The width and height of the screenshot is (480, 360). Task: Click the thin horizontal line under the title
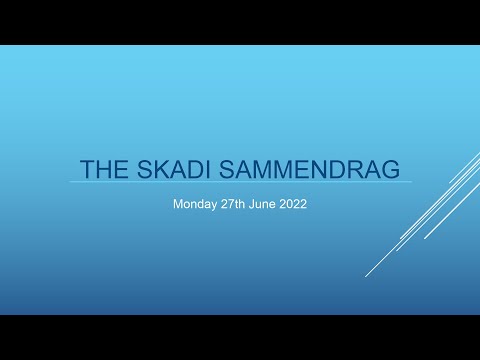click(240, 182)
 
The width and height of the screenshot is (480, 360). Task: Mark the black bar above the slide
click(240, 22)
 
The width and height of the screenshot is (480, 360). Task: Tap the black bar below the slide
click(240, 338)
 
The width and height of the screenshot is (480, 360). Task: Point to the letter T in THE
click(88, 167)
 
